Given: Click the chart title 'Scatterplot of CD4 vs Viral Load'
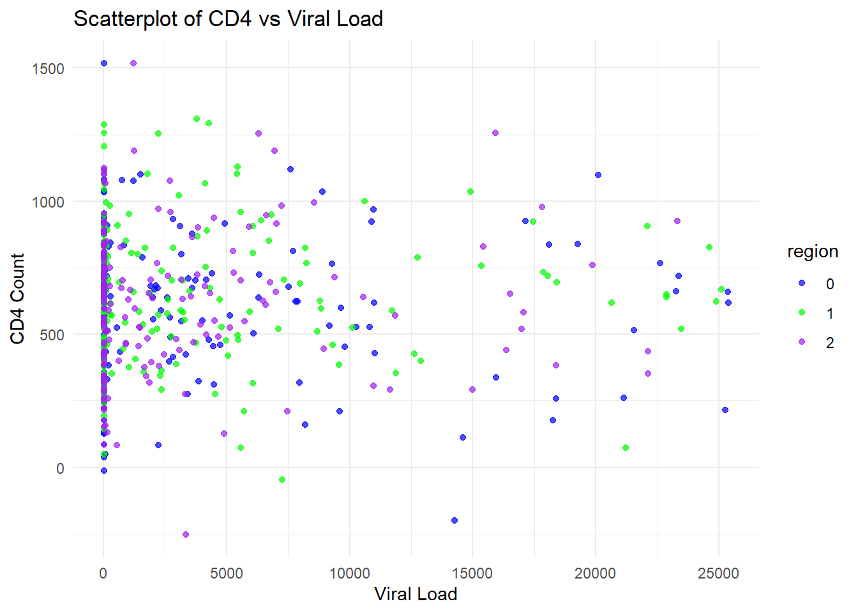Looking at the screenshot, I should (x=228, y=19).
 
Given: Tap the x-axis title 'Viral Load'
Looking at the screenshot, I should (x=416, y=594).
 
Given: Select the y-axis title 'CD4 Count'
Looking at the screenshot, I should (x=17, y=298).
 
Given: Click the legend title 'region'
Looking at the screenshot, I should (x=812, y=252).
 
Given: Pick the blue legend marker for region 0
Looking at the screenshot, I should (x=802, y=284).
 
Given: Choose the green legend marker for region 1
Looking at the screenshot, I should (x=802, y=313).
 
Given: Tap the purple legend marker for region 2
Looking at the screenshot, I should (x=802, y=342).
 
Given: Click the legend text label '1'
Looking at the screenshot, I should (x=829, y=314).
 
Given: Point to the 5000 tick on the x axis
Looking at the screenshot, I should (x=227, y=573).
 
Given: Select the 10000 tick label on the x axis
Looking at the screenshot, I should (x=349, y=573).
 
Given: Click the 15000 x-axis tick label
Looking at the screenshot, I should (x=472, y=573).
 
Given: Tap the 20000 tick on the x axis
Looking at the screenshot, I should (x=595, y=573).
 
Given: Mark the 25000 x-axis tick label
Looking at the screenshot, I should (x=718, y=573).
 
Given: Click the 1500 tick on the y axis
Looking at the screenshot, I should (x=48, y=68).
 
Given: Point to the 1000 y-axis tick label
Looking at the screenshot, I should (x=48, y=202).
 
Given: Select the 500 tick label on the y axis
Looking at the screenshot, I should (x=52, y=335).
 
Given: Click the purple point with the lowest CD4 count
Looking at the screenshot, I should (x=186, y=534).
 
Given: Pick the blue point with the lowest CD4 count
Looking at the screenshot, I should (x=455, y=520).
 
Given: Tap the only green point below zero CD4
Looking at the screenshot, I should (x=282, y=480).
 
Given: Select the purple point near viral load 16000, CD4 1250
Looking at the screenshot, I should (x=495, y=133).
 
